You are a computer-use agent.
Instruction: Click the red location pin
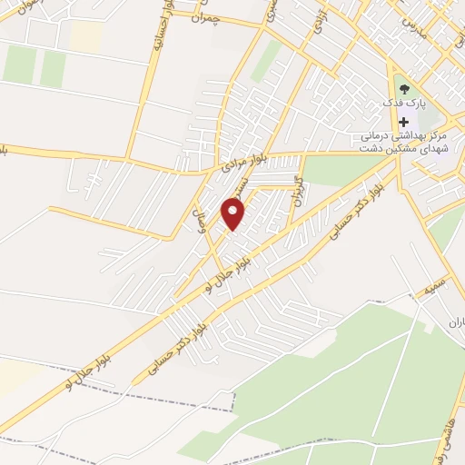(234, 214)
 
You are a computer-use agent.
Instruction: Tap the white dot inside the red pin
(234, 212)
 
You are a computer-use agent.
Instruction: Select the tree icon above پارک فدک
(404, 91)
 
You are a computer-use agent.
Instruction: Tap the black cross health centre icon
(403, 122)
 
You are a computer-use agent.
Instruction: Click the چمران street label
(208, 15)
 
